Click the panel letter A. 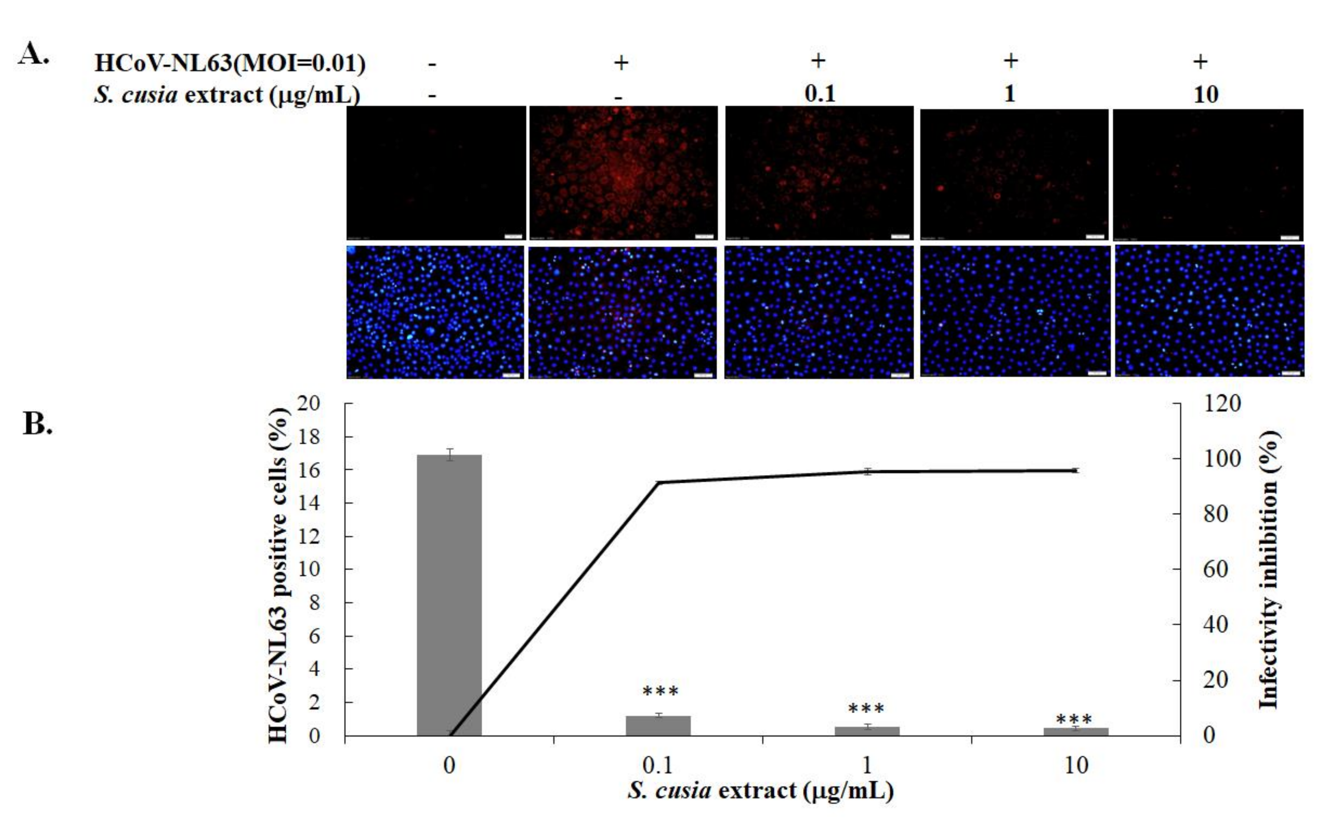click(x=34, y=54)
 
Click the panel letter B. click(x=37, y=424)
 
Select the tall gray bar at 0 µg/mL click(x=449, y=595)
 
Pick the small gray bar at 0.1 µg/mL click(x=658, y=726)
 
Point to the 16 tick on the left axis click(x=309, y=470)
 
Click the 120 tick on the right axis click(x=1222, y=404)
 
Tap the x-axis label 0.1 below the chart click(x=658, y=766)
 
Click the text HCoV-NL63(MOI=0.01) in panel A click(x=230, y=63)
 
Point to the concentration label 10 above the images click(x=1206, y=95)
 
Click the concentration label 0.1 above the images click(x=820, y=94)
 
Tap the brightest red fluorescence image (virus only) click(x=623, y=173)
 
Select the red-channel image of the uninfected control click(x=436, y=173)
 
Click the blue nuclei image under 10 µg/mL click(x=1209, y=311)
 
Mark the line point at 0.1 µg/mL click(x=658, y=482)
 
